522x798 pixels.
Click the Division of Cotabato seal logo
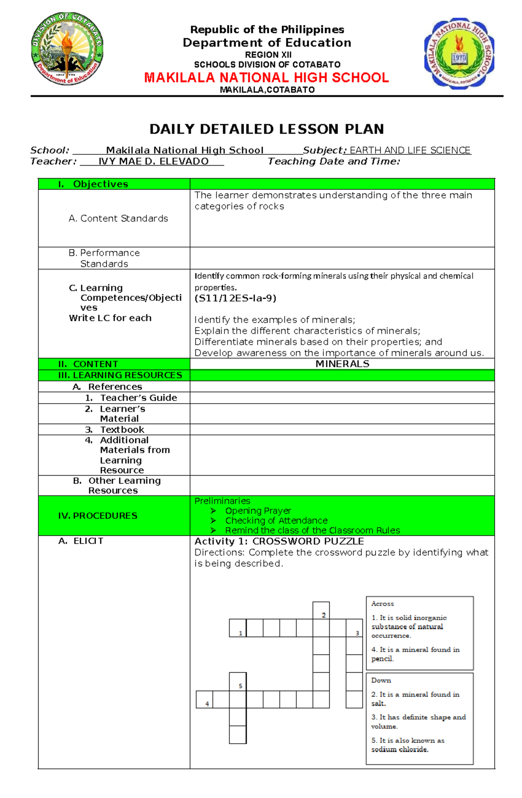pyautogui.click(x=67, y=49)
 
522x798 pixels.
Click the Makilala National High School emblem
pyautogui.click(x=459, y=53)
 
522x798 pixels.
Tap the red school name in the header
pyautogui.click(x=266, y=78)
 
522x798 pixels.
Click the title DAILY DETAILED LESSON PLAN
pyautogui.click(x=266, y=129)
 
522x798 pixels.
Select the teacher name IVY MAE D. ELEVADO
pyautogui.click(x=153, y=161)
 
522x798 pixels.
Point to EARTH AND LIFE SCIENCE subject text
pyautogui.click(x=410, y=150)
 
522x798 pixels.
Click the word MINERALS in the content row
pyautogui.click(x=342, y=364)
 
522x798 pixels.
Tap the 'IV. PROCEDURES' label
pyautogui.click(x=97, y=516)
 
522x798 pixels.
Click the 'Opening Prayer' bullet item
pyautogui.click(x=258, y=511)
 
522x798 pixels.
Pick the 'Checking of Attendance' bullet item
pyautogui.click(x=276, y=521)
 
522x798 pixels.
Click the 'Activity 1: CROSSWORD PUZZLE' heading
pyautogui.click(x=279, y=541)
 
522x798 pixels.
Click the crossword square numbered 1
pyautogui.click(x=238, y=628)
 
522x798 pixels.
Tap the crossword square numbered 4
pyautogui.click(x=204, y=699)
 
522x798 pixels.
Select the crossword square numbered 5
pyautogui.click(x=238, y=681)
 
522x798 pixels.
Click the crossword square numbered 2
pyautogui.click(x=321, y=611)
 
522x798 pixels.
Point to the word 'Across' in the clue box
pyautogui.click(x=382, y=604)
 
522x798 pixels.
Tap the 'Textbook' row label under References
pyautogui.click(x=122, y=430)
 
